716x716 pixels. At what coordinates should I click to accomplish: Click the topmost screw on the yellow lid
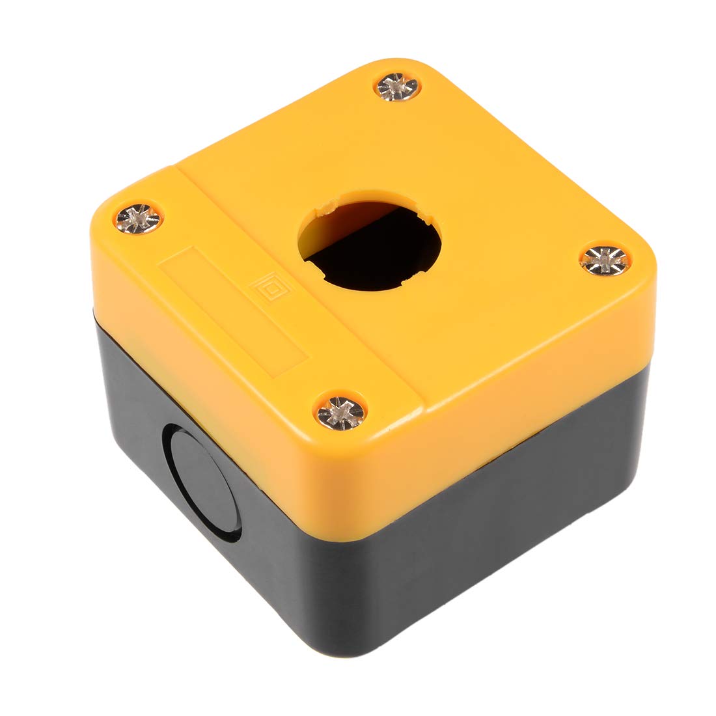pos(398,87)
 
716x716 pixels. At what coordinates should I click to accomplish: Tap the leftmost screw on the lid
pos(139,218)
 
